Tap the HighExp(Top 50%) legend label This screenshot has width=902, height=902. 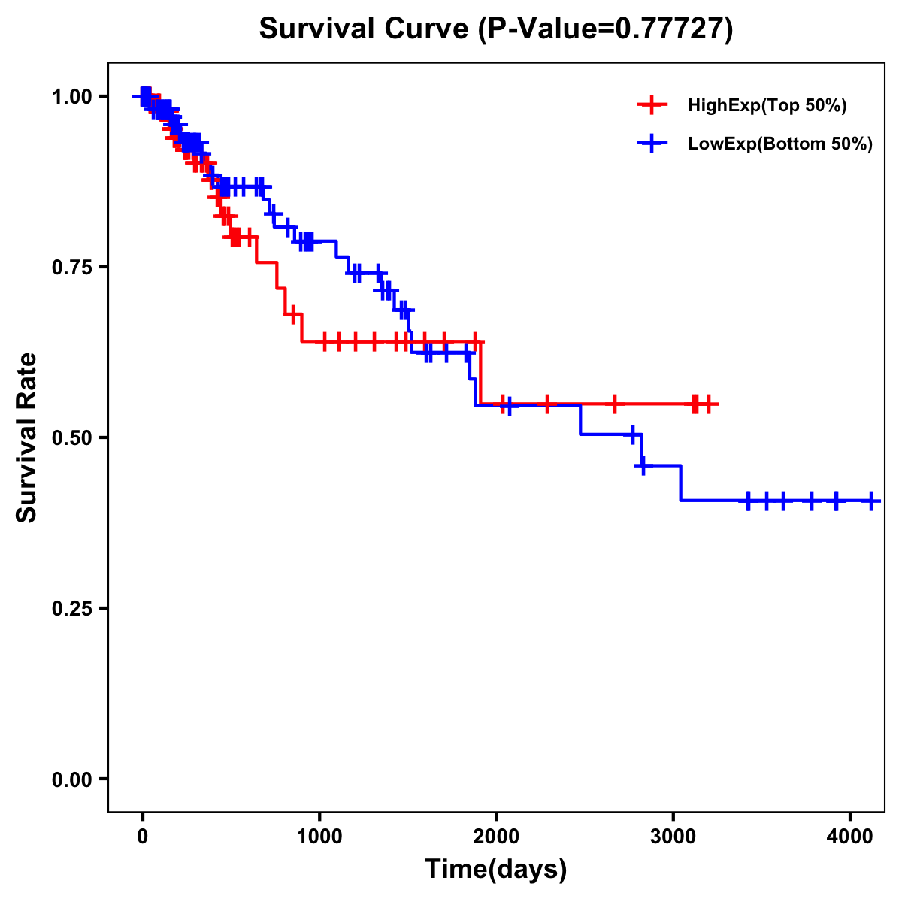767,106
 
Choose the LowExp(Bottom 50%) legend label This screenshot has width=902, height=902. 780,144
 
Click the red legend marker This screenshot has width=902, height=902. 652,105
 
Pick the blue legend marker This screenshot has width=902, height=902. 652,144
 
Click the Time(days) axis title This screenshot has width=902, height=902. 496,869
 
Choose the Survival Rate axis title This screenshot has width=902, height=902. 27,437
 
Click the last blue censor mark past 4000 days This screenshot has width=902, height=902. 870,501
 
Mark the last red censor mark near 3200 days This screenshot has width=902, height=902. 708,404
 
